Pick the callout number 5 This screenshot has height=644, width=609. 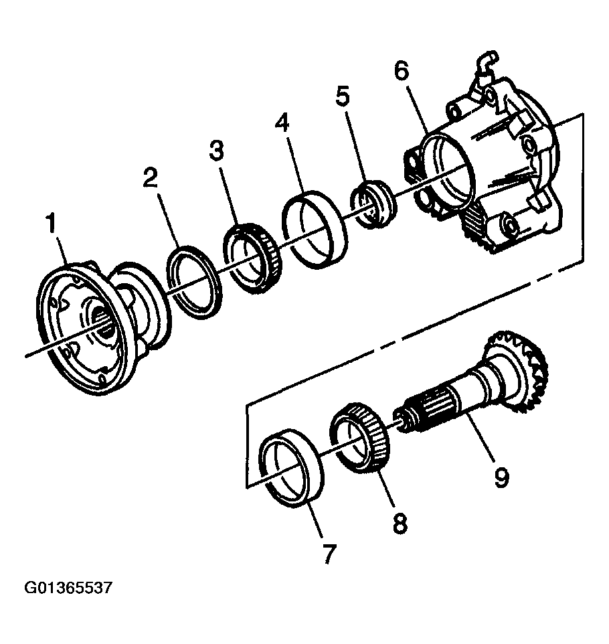point(342,98)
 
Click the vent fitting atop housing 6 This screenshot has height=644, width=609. point(485,64)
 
